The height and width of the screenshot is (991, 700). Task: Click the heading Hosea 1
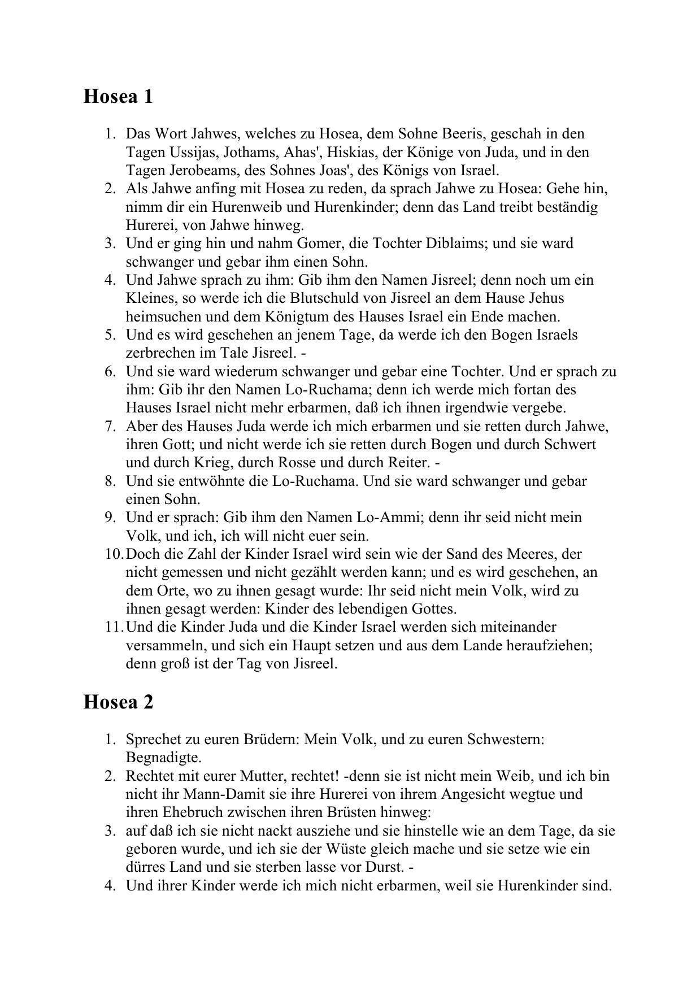pos(118,97)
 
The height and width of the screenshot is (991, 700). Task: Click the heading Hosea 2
pos(118,702)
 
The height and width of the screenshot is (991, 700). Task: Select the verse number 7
pos(110,426)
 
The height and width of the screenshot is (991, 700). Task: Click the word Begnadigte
pos(163,757)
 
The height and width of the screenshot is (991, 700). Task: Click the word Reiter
pos(408,463)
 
